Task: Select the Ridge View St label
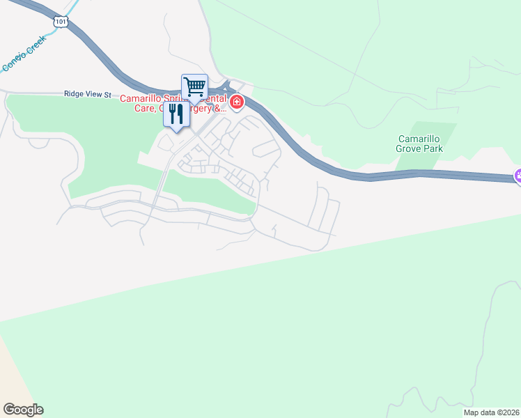pos(88,93)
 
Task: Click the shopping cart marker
pos(195,88)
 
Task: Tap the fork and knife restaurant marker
pos(176,114)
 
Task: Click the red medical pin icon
pos(238,103)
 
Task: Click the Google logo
pos(23,409)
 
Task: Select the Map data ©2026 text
pos(491,412)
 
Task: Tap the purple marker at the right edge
pos(518,176)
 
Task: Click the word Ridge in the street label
pos(74,93)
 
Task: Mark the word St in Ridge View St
pos(108,93)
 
